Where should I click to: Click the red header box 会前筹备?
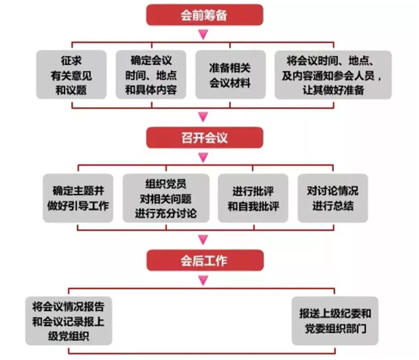tap(205, 15)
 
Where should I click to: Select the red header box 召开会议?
tap(205, 138)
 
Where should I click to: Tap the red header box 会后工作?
tap(205, 260)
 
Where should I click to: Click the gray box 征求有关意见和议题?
tap(71, 75)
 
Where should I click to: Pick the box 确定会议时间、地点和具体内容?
tap(151, 75)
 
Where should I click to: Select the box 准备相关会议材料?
tap(231, 75)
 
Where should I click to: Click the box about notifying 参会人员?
tap(334, 75)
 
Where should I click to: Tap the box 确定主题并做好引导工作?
tap(78, 198)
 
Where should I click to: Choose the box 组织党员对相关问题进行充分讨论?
tap(166, 198)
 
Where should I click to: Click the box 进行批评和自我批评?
tap(253, 198)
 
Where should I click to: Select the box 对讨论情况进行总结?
tap(333, 198)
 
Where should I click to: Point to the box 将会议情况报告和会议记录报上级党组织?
tap(69, 321)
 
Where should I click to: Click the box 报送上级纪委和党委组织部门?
tap(335, 321)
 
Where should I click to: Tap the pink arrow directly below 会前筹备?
tap(203, 34)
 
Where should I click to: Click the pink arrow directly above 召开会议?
tap(203, 116)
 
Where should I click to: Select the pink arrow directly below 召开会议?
tap(203, 157)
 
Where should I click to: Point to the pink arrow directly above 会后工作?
tap(203, 240)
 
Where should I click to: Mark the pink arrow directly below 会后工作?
tap(203, 281)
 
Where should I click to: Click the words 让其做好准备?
tap(334, 90)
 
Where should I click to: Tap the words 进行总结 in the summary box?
tap(333, 206)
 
